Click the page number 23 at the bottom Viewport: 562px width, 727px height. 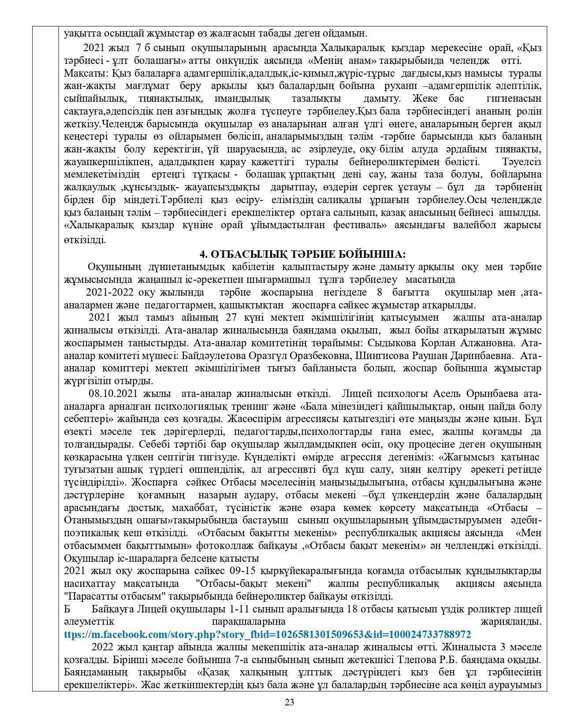tap(289, 702)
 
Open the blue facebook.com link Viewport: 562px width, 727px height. tap(267, 634)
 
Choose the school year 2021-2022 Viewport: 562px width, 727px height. tap(110, 292)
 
